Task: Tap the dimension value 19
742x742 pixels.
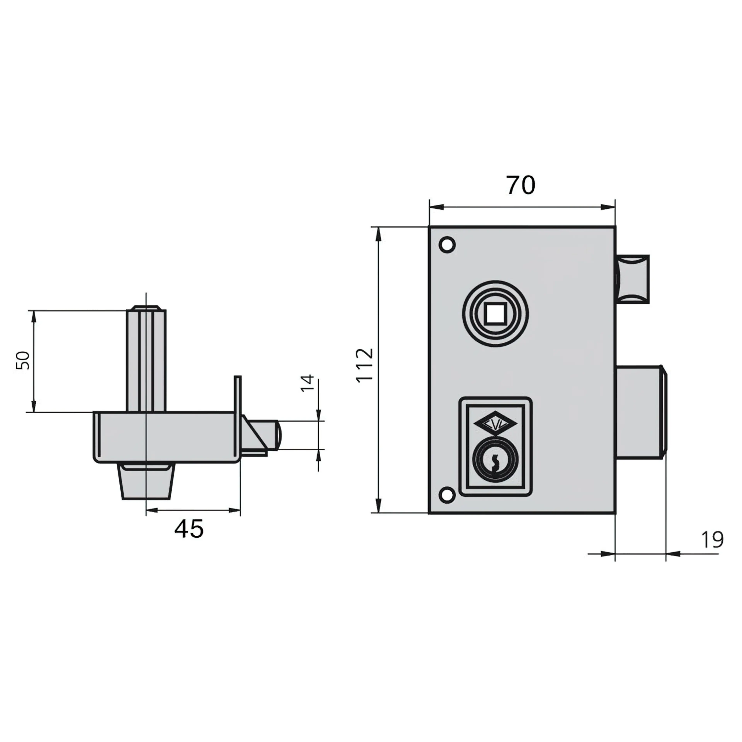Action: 712,540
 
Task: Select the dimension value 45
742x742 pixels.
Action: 189,529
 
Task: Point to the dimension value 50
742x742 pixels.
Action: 23,360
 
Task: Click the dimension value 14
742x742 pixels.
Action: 307,383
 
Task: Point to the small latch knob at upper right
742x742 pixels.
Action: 633,279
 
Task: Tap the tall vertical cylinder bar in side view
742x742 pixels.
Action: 146,359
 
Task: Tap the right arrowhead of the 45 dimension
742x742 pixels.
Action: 235,510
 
